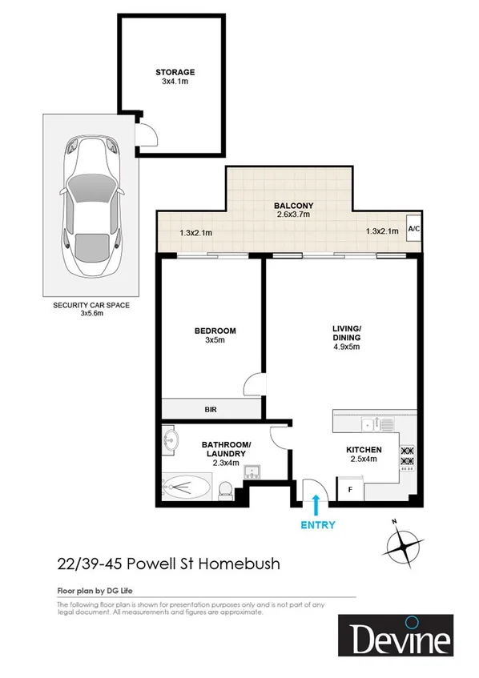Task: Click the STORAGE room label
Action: [175, 72]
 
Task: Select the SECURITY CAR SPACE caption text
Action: [91, 306]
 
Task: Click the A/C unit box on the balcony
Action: [414, 228]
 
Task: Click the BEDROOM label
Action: [215, 331]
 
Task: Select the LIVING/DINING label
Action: [347, 332]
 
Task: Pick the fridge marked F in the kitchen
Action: [349, 488]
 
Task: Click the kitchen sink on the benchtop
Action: [370, 423]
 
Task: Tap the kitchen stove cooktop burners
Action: [405, 455]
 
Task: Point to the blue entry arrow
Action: [317, 504]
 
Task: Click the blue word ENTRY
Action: [317, 525]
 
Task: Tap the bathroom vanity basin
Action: [171, 439]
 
